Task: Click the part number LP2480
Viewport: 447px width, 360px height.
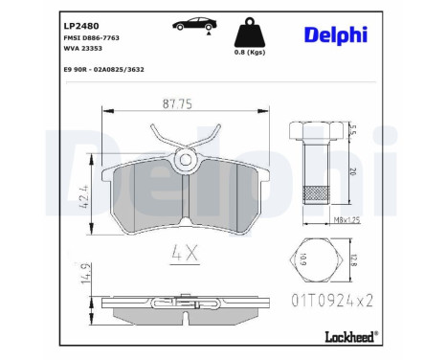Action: click(81, 26)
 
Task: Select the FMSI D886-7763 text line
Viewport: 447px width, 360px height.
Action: click(92, 37)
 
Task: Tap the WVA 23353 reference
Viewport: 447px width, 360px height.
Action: click(83, 48)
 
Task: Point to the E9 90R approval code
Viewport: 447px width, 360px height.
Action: click(104, 69)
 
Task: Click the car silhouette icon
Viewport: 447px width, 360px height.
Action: click(194, 25)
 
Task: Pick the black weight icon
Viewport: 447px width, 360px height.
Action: click(250, 34)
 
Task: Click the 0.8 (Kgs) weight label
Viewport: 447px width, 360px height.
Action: click(250, 53)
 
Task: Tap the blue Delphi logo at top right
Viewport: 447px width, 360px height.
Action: click(336, 34)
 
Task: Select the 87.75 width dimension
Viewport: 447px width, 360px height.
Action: click(177, 103)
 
